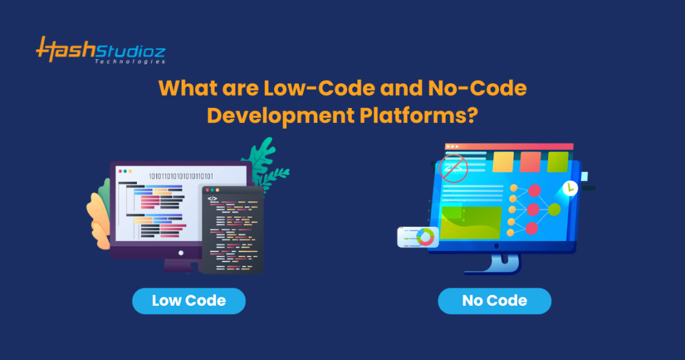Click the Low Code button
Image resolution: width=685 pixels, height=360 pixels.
[189, 301]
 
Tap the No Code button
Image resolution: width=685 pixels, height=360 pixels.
[494, 301]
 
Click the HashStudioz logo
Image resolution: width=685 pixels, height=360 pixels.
[100, 50]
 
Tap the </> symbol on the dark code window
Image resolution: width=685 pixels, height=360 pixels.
[213, 198]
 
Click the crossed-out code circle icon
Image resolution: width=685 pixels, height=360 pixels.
[453, 169]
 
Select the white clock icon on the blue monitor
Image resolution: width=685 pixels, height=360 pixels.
[570, 188]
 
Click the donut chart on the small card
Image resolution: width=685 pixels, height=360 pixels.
[425, 237]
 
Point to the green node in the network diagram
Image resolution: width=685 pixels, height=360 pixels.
[554, 209]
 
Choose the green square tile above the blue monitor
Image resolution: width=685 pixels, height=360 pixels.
[558, 162]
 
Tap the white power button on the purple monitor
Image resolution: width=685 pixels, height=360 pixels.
[181, 253]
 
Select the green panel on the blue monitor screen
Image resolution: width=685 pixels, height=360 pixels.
[470, 221]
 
